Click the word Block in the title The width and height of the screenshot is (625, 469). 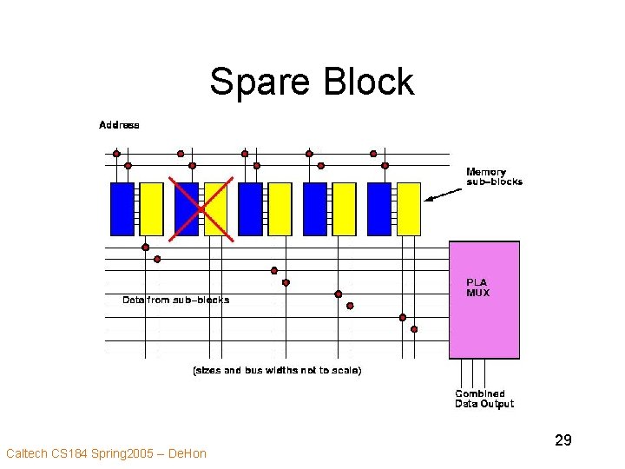(x=368, y=82)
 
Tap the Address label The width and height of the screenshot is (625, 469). (x=119, y=124)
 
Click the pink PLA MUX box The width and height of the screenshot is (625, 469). (x=484, y=301)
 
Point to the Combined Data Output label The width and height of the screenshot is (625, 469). (x=484, y=399)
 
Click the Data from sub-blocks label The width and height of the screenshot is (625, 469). (x=176, y=300)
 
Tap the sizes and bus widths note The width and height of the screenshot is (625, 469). (x=276, y=370)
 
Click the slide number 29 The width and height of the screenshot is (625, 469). (x=562, y=441)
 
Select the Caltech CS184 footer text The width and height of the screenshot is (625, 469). (x=106, y=453)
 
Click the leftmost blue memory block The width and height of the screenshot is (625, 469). (x=122, y=208)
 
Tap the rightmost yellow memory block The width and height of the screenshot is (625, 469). (x=409, y=208)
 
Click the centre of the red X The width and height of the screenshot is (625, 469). (x=201, y=209)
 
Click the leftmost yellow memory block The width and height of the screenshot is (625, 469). (x=151, y=208)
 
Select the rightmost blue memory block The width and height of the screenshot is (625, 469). (x=379, y=208)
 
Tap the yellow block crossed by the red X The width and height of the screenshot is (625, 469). (x=216, y=208)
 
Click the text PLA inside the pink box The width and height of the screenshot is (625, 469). (x=477, y=282)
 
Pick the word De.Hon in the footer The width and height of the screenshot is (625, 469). (x=187, y=453)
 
